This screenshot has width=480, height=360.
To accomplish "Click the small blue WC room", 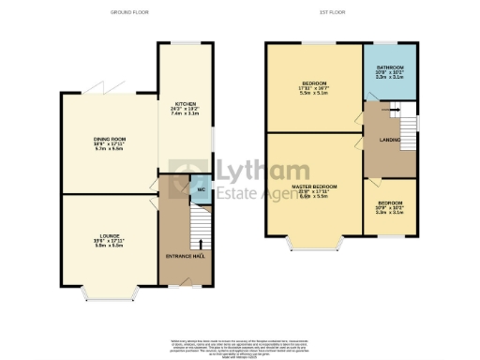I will [x=199, y=187].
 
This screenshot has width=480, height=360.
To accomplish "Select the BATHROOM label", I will [x=391, y=67].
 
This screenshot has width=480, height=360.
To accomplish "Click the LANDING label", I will [x=391, y=141].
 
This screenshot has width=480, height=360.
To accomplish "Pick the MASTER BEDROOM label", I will [x=313, y=187].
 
